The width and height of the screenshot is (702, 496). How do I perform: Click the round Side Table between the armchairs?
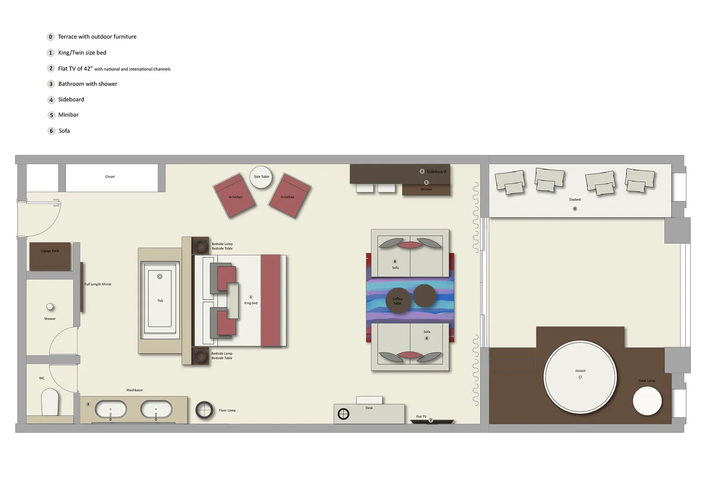pos(261,177)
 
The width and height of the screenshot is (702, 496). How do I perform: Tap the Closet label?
pos(110,177)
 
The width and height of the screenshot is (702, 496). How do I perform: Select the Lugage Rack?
pos(50,257)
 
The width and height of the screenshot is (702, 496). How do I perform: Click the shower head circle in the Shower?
pos(50,307)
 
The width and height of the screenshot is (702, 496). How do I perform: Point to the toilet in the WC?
pos(50,403)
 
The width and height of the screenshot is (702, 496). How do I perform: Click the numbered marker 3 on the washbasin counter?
pos(88,404)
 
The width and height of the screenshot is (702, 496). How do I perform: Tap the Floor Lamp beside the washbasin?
pos(204,410)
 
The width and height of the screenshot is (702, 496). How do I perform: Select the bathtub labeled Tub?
pos(160,301)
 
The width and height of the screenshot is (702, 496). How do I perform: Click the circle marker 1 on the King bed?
pos(251,297)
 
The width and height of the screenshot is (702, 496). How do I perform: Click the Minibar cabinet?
pos(426,189)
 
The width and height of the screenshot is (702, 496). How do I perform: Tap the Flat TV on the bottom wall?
pos(432,421)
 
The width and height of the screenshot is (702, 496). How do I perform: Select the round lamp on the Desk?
pos(344,414)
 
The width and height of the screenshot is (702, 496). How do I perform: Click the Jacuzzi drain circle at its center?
pos(580,377)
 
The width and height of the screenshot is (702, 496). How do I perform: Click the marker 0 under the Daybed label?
pos(575,209)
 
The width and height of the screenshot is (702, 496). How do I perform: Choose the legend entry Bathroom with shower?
pos(88,84)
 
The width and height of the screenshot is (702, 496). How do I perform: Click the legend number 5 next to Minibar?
pos(51,115)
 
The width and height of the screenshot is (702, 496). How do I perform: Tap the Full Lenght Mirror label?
pos(98,284)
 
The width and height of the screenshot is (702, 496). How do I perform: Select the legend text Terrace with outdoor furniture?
pos(97,37)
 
